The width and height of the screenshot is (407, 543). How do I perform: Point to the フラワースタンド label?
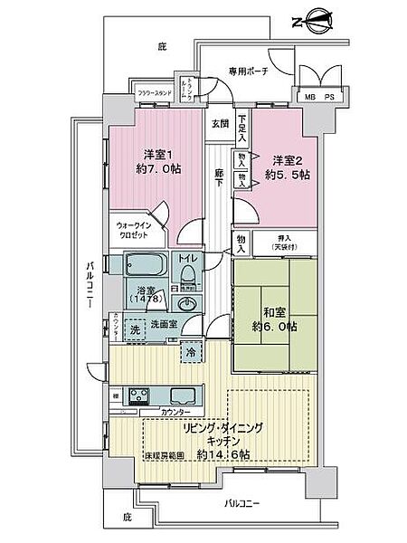pyautogui.click(x=155, y=92)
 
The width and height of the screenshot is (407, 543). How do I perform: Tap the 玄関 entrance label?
pyautogui.click(x=220, y=123)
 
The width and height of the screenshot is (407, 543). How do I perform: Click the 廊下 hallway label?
pyautogui.click(x=219, y=179)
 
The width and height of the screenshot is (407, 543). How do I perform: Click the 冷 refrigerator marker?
pyautogui.click(x=191, y=351)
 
